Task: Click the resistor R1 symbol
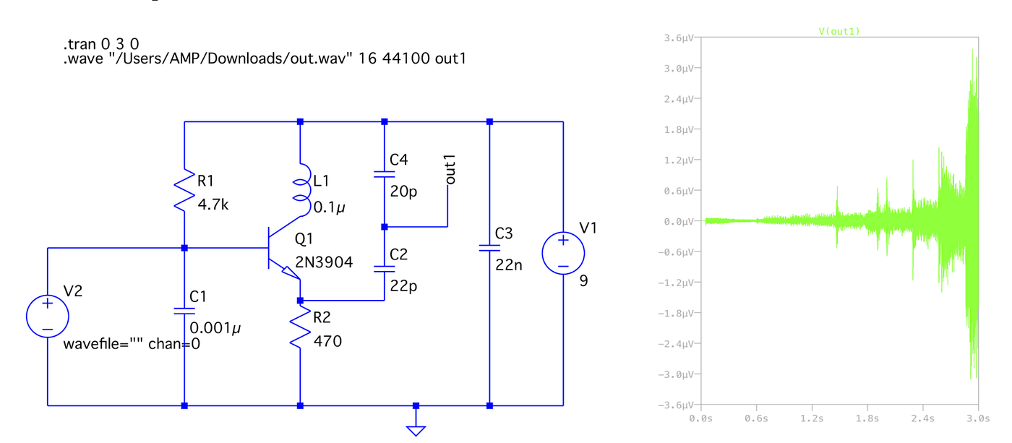click(x=184, y=190)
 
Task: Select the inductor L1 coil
click(x=304, y=189)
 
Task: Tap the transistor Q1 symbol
click(x=283, y=248)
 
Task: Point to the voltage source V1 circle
click(x=563, y=253)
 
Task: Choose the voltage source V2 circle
click(x=48, y=316)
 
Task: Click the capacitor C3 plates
click(x=489, y=248)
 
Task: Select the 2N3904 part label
click(x=324, y=262)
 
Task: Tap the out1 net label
click(x=450, y=169)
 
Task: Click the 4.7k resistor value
click(x=213, y=205)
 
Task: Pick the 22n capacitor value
click(x=509, y=264)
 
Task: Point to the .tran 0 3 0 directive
click(x=101, y=44)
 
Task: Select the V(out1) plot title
click(x=839, y=31)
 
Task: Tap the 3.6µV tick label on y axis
click(x=679, y=38)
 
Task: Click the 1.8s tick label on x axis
click(x=867, y=418)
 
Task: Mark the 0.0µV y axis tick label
click(x=679, y=221)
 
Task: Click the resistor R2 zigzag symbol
click(x=300, y=327)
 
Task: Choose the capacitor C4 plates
click(x=384, y=174)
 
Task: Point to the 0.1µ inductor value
click(x=329, y=207)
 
